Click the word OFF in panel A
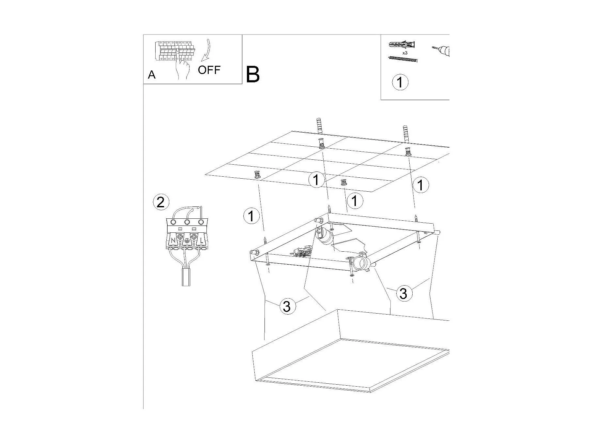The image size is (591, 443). click(209, 70)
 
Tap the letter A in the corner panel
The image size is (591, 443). click(152, 75)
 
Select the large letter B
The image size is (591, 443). click(253, 74)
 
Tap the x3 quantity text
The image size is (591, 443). click(405, 53)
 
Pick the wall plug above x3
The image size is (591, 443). click(402, 44)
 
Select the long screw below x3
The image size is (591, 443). click(403, 59)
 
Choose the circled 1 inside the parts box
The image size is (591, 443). click(400, 82)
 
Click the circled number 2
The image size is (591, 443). click(161, 202)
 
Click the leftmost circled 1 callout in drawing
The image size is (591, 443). click(251, 216)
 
